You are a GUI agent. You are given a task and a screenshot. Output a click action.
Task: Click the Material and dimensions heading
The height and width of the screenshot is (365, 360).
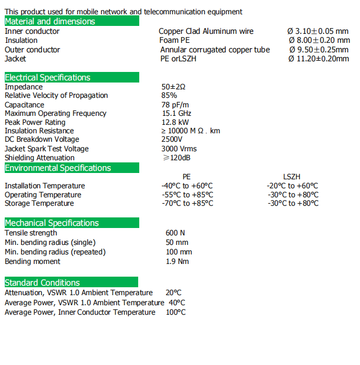click(50, 21)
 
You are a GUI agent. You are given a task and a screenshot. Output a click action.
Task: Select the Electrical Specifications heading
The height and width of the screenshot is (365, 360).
click(48, 77)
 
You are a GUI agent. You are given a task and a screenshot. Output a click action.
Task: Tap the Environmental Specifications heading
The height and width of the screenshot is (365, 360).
click(58, 168)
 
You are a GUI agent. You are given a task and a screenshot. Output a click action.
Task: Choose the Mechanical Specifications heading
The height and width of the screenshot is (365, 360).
click(52, 223)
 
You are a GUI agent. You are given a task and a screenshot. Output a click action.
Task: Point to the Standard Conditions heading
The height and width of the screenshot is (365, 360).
click(42, 282)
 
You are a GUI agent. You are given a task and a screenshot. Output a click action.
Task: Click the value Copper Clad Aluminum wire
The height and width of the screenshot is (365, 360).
click(206, 31)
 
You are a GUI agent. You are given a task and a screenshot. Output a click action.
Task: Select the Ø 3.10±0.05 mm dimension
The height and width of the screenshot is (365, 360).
click(318, 31)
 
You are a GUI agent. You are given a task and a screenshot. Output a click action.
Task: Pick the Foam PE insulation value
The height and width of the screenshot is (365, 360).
click(174, 40)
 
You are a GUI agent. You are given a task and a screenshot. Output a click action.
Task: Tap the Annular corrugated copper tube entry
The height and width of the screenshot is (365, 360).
click(215, 50)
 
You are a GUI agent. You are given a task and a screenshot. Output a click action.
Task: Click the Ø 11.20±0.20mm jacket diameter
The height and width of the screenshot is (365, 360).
click(319, 59)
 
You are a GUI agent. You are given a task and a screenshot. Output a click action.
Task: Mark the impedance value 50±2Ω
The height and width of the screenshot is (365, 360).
click(174, 87)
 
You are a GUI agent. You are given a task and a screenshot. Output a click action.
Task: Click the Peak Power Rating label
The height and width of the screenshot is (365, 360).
click(35, 122)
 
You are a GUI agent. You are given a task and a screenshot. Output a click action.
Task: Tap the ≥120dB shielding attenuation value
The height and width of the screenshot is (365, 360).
click(177, 158)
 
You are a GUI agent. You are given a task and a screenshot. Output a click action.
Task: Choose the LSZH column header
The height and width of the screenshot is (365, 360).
click(292, 177)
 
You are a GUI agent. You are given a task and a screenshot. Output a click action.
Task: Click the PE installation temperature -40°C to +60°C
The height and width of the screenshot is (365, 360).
click(187, 186)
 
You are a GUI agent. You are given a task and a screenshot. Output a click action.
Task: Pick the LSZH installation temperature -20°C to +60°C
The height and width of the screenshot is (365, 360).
click(292, 186)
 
